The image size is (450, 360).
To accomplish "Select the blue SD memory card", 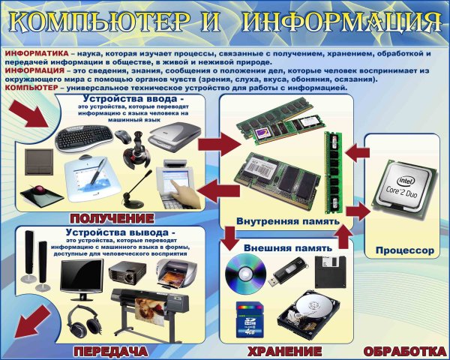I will pyautogui.click(x=247, y=319).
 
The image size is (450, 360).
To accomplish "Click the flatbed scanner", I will pyautogui.click(x=172, y=136).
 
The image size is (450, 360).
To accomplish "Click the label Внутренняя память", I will pyautogui.click(x=286, y=222).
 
